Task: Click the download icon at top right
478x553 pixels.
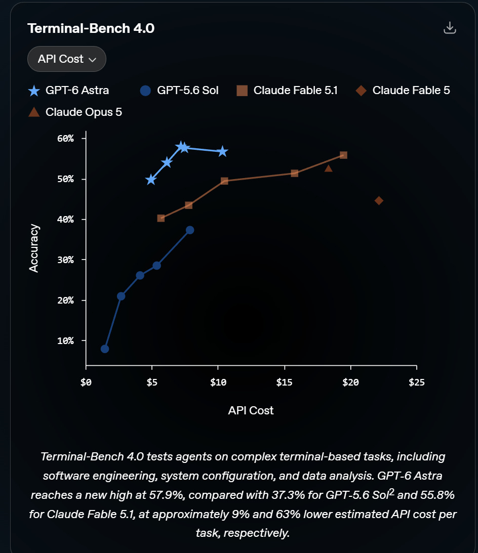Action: pyautogui.click(x=450, y=28)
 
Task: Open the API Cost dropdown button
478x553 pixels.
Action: pyautogui.click(x=67, y=59)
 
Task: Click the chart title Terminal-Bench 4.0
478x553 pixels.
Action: pyautogui.click(x=91, y=28)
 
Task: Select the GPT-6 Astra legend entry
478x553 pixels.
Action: pyautogui.click(x=68, y=91)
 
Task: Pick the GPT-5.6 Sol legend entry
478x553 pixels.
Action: pyautogui.click(x=179, y=91)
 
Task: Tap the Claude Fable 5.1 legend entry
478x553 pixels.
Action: pyautogui.click(x=287, y=91)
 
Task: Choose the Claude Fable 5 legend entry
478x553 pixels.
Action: pyautogui.click(x=403, y=91)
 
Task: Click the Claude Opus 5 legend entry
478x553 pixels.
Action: pyautogui.click(x=75, y=112)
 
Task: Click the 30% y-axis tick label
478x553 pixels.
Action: pyautogui.click(x=66, y=260)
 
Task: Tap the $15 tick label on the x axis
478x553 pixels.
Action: pyautogui.click(x=284, y=382)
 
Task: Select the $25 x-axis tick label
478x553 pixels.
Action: pyautogui.click(x=417, y=382)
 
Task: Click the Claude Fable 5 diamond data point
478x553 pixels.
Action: pyautogui.click(x=379, y=201)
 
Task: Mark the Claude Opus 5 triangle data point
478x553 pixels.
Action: pyautogui.click(x=328, y=168)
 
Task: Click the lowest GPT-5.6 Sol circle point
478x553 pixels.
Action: pyautogui.click(x=105, y=349)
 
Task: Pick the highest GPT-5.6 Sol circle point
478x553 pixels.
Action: pyautogui.click(x=190, y=230)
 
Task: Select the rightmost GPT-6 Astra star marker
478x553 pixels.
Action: pyautogui.click(x=222, y=152)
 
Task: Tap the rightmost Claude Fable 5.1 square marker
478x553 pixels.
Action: pyautogui.click(x=343, y=155)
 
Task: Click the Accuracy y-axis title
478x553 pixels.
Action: pyautogui.click(x=34, y=248)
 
